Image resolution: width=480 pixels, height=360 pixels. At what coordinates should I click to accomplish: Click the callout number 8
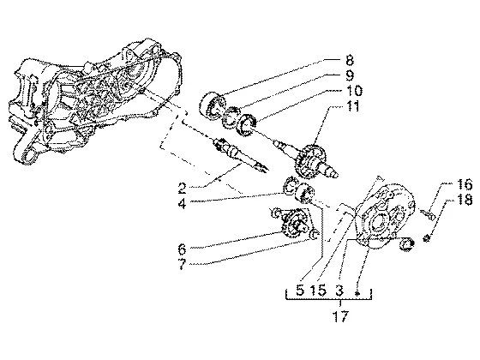point(350,61)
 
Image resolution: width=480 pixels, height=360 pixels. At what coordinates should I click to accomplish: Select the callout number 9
point(350,75)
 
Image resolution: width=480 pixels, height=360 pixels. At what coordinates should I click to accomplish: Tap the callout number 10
point(354,91)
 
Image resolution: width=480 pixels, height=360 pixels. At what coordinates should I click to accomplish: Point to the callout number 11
point(352,106)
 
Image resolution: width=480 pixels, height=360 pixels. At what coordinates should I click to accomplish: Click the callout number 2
point(182,189)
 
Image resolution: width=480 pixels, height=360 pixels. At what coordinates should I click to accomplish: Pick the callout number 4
point(182,203)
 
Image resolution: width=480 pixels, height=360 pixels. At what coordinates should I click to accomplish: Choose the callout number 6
point(182,249)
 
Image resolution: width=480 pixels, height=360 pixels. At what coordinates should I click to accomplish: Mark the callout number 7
point(182,265)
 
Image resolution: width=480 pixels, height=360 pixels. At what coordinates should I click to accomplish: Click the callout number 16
point(464,184)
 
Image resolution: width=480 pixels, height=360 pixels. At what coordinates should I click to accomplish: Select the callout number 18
point(464,200)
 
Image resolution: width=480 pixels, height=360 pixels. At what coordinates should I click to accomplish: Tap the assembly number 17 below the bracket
point(340,316)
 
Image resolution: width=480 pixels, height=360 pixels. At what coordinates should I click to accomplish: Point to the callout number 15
point(318,290)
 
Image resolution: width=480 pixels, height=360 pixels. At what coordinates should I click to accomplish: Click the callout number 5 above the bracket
point(300,290)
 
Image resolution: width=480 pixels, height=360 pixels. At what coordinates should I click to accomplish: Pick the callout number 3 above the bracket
point(339,290)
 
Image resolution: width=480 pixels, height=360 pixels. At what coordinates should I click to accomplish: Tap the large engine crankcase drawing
point(92,101)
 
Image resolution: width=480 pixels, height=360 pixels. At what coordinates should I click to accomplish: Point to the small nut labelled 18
point(426,237)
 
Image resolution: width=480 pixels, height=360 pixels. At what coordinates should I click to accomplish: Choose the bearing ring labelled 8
point(213,105)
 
